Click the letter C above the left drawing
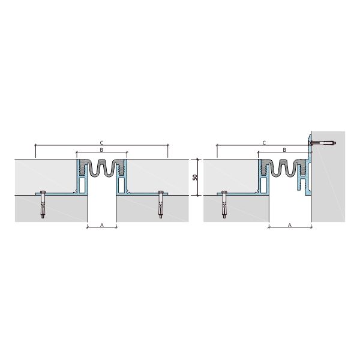[x=101, y=143]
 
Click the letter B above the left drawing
[x=101, y=150]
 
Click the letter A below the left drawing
[x=102, y=225]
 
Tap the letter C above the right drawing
[x=264, y=143]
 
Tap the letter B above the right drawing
[x=284, y=150]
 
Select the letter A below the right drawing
[x=290, y=225]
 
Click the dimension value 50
[x=195, y=177]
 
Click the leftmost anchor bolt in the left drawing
[x=43, y=205]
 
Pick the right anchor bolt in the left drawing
[x=161, y=205]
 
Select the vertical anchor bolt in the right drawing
[x=224, y=205]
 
